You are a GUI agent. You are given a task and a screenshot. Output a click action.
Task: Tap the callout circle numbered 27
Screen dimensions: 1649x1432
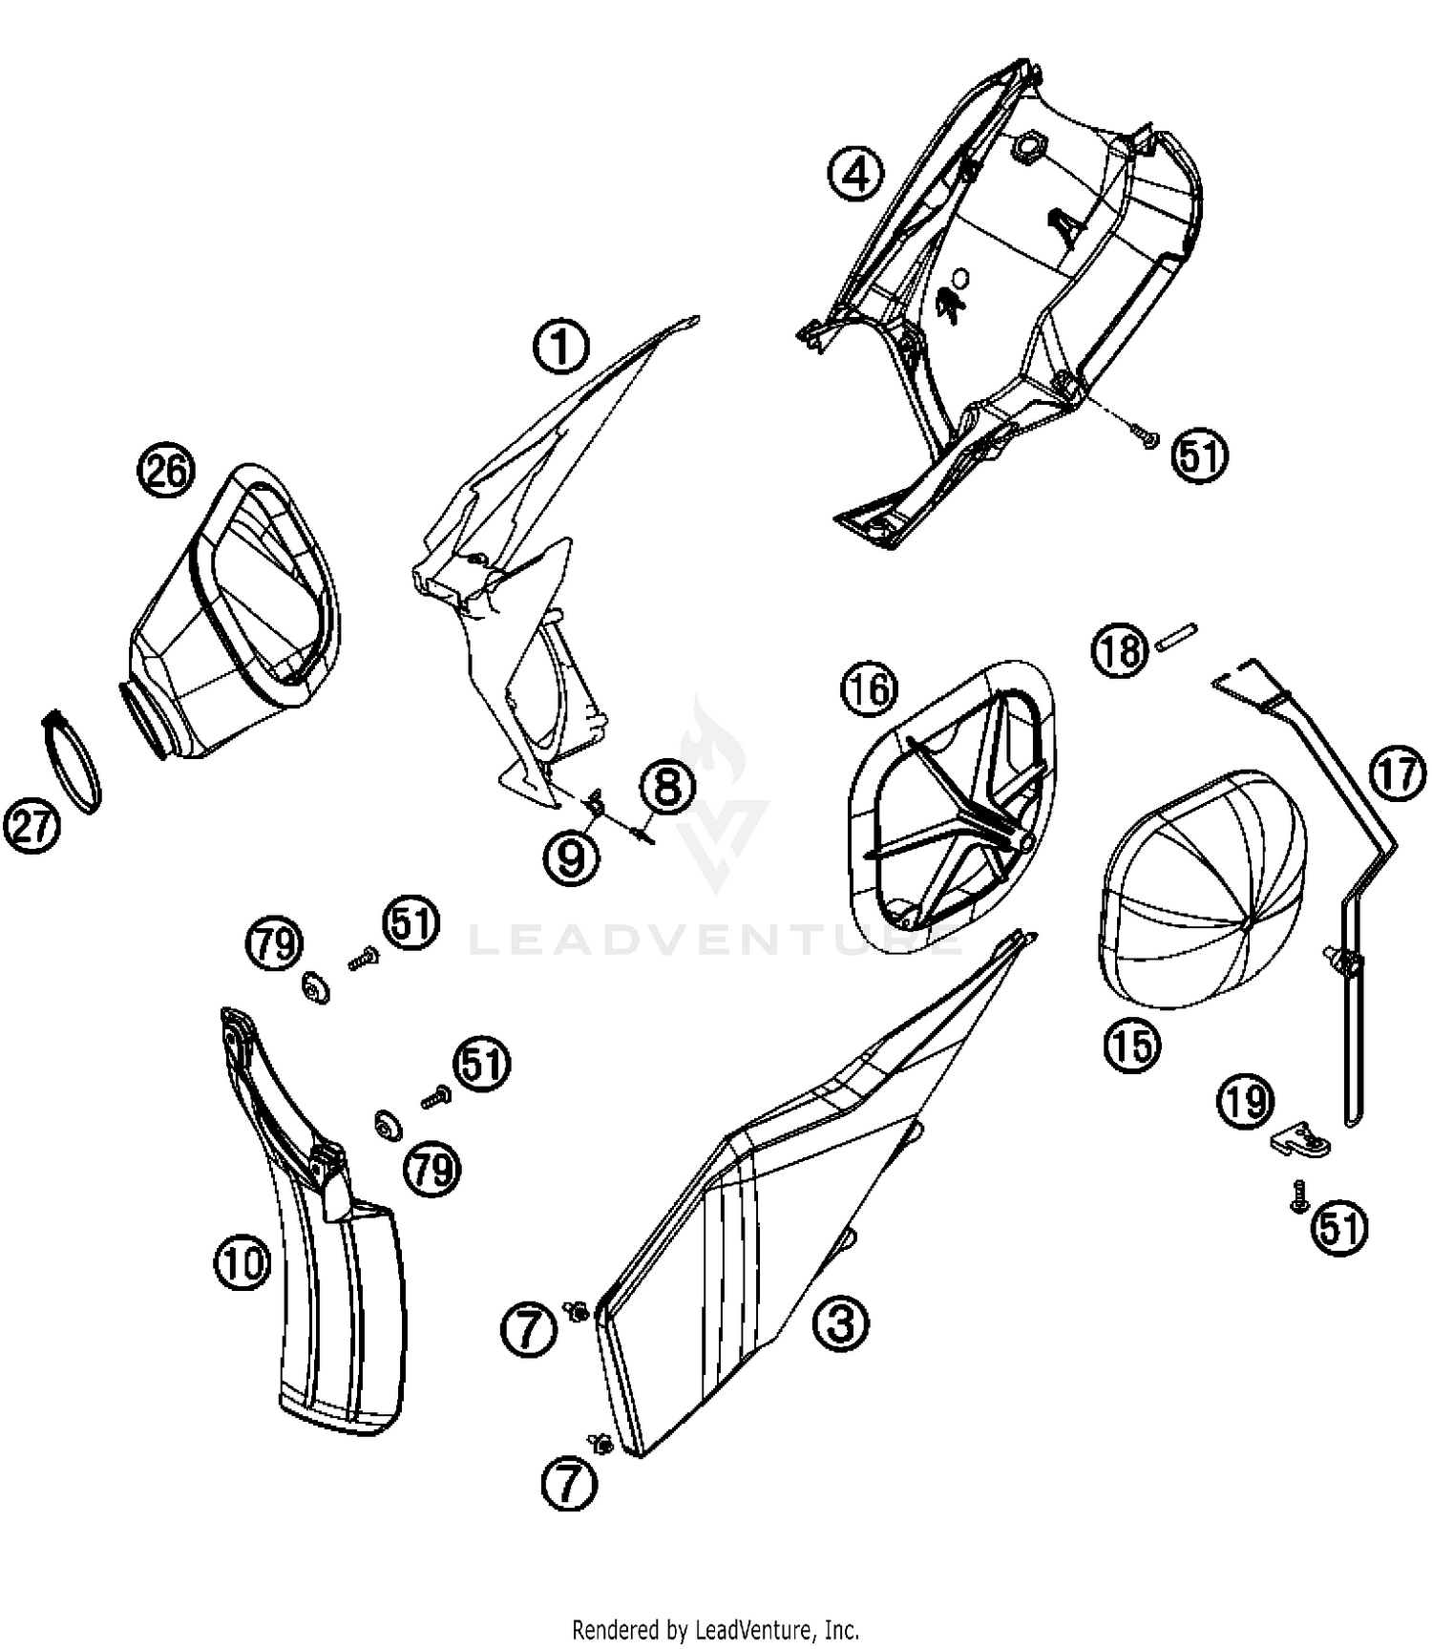tap(32, 826)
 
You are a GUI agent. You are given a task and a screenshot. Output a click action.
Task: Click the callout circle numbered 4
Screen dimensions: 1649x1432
tap(856, 175)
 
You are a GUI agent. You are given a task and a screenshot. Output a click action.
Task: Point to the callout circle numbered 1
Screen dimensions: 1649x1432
tap(561, 346)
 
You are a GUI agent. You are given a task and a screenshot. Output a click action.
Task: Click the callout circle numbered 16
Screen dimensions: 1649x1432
tap(869, 690)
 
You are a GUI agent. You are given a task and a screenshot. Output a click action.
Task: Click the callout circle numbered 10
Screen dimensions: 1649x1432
tap(242, 1264)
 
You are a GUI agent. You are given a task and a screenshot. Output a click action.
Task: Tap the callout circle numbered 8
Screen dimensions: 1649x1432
tap(668, 789)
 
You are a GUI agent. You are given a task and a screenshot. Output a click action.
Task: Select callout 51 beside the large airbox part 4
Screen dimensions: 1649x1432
tap(1200, 456)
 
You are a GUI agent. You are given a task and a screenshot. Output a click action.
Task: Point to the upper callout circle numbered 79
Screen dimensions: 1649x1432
tap(274, 943)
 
